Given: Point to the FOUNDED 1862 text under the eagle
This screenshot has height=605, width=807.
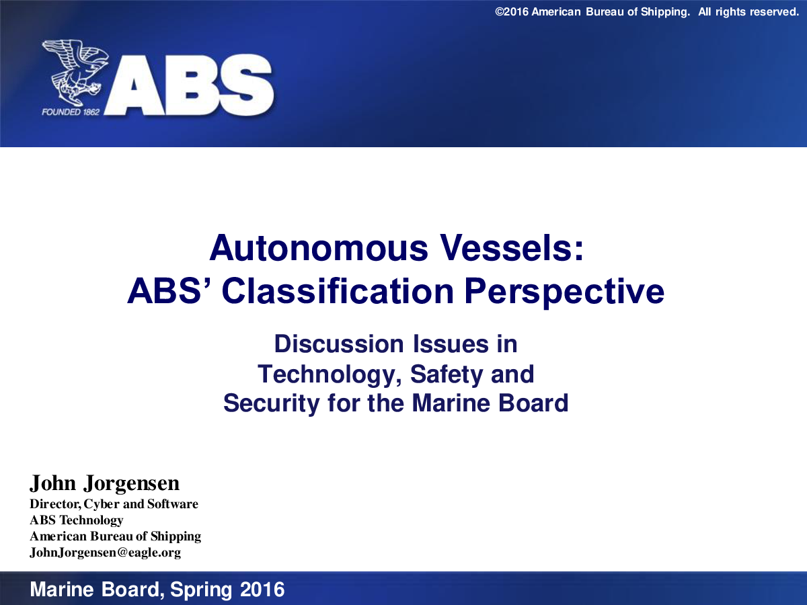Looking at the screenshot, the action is [x=71, y=112].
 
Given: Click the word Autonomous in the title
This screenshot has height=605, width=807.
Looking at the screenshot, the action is [x=319, y=248].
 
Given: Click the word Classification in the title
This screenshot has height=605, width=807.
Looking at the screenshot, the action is [x=338, y=291].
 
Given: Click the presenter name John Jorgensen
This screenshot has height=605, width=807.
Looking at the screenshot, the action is [x=104, y=483].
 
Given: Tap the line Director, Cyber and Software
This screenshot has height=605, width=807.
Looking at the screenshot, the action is [x=114, y=504].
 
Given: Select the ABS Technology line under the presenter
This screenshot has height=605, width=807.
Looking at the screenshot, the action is [x=77, y=520].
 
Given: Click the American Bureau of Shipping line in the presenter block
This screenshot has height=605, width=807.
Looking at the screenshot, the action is [x=116, y=536].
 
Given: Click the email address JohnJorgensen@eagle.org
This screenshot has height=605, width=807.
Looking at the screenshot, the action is [x=105, y=553].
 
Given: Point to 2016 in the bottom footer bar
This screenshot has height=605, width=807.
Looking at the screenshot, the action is [x=262, y=590].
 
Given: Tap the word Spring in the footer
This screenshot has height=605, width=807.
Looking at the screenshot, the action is [x=201, y=590].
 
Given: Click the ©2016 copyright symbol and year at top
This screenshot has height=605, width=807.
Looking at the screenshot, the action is [x=512, y=11].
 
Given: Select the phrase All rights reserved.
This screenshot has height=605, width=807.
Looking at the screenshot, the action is [x=748, y=12].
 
